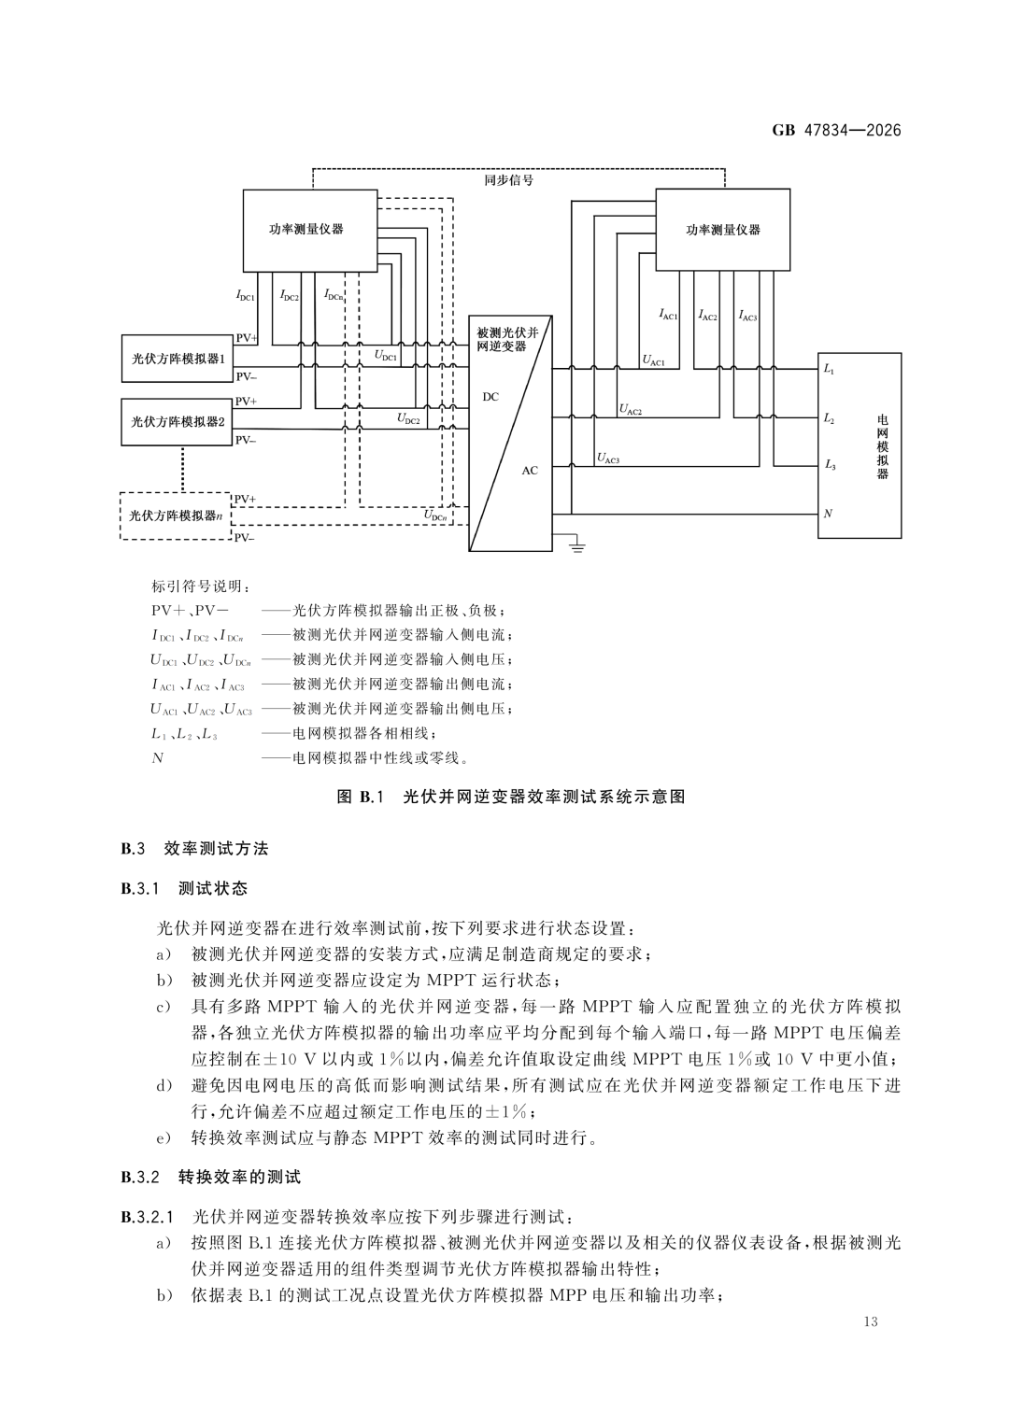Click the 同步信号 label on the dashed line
coord(507,180)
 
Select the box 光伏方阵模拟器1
coord(178,359)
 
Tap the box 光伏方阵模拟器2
coord(178,421)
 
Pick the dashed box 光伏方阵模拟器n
coord(176,515)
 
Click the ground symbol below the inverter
coord(577,544)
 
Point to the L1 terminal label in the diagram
coord(828,369)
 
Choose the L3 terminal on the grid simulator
coord(830,465)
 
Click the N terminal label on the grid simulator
coord(828,513)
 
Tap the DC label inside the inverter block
coord(490,397)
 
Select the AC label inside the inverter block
coord(530,471)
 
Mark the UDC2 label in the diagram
coord(408,419)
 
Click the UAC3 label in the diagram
coord(607,458)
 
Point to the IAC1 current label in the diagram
coord(668,315)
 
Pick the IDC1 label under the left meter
coord(245,295)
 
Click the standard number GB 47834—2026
coord(836,131)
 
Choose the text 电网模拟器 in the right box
coord(882,446)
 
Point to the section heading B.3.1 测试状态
coord(184,889)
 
